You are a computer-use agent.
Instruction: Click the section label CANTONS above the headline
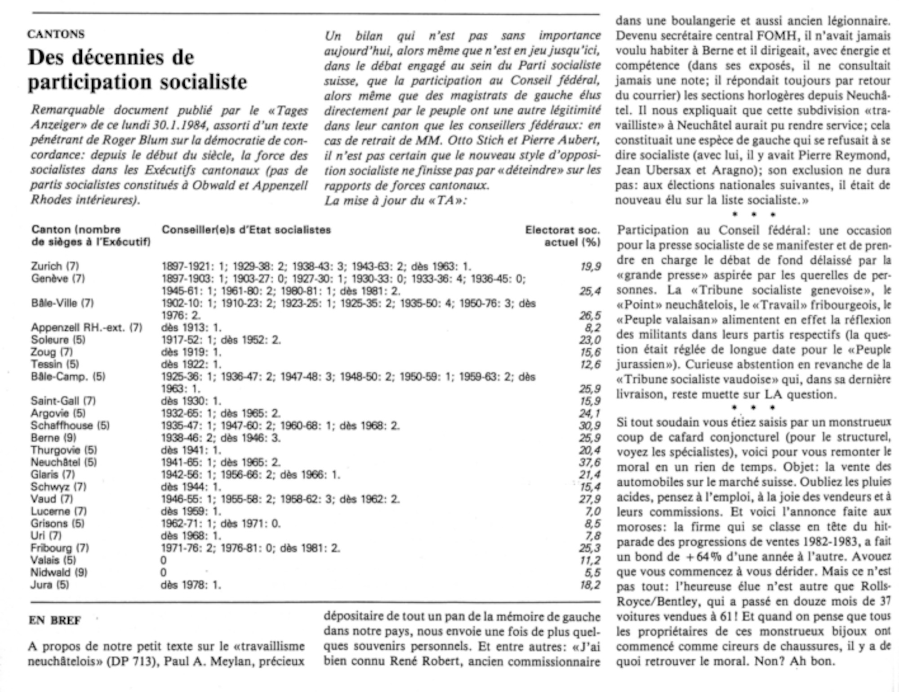click(56, 34)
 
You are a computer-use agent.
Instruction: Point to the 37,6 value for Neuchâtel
click(590, 462)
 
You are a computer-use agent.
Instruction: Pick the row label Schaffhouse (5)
click(70, 426)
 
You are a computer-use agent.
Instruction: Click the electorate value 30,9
click(590, 426)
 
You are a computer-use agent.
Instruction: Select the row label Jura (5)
click(49, 585)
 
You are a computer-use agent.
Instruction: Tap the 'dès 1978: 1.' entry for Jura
click(191, 585)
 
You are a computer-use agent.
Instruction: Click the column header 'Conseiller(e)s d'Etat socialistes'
click(246, 230)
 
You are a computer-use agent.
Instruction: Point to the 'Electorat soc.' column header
click(562, 230)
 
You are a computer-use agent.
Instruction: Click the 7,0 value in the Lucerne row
click(593, 511)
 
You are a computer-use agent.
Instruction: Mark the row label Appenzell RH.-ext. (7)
click(86, 328)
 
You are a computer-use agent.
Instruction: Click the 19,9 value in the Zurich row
click(590, 266)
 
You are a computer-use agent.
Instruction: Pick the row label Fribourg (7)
click(60, 548)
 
